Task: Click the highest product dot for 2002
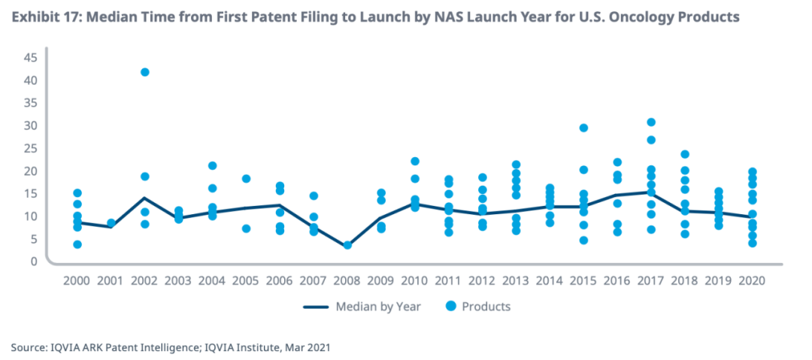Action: click(x=144, y=72)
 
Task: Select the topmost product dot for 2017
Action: click(x=651, y=123)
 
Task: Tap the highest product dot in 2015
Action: click(x=583, y=128)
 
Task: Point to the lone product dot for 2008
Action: click(x=347, y=245)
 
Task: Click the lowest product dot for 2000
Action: click(x=77, y=244)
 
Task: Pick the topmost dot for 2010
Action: click(x=415, y=162)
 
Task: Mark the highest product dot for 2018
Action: click(x=685, y=155)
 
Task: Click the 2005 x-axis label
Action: click(x=246, y=280)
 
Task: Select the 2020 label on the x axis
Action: click(x=753, y=280)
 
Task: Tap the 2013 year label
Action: click(x=516, y=280)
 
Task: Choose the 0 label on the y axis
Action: click(x=34, y=262)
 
